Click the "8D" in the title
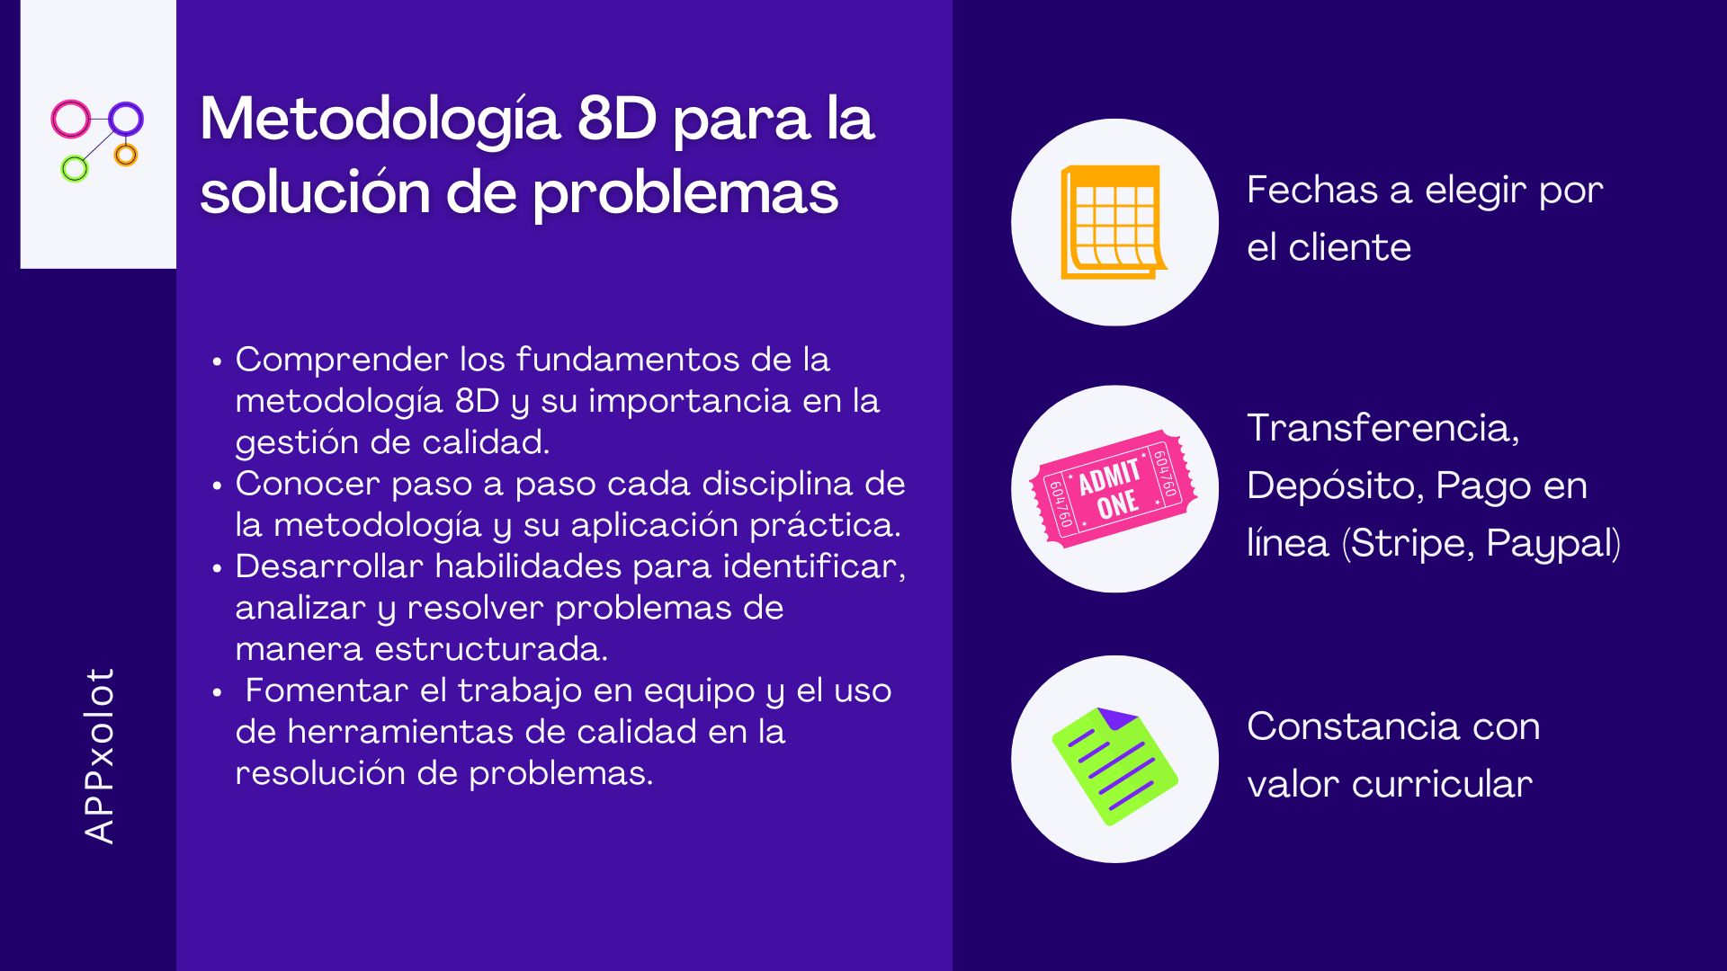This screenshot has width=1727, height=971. [617, 119]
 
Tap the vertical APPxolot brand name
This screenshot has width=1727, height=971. [99, 755]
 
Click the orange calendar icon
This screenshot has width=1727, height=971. [1114, 222]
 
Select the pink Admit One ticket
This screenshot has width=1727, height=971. [1114, 489]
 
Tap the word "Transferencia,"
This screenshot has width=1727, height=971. [1383, 428]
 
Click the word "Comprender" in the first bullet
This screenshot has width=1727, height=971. [342, 361]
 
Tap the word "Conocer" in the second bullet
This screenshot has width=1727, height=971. [308, 484]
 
